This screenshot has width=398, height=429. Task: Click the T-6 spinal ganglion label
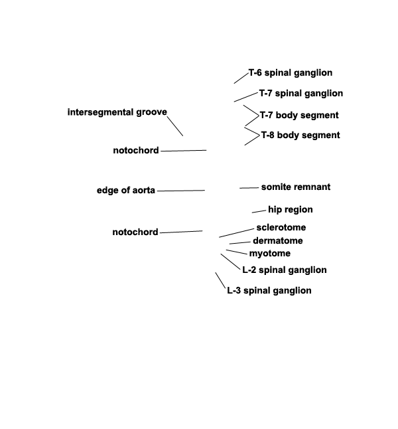pyautogui.click(x=291, y=73)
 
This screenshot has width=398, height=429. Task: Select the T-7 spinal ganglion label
pyautogui.click(x=301, y=94)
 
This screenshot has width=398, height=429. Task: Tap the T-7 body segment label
pyautogui.click(x=299, y=115)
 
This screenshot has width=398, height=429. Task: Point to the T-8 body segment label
pyautogui.click(x=300, y=135)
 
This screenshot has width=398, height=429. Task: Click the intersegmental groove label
pyautogui.click(x=117, y=112)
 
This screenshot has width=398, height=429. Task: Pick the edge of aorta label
pyautogui.click(x=126, y=190)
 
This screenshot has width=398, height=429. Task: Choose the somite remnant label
pyautogui.click(x=296, y=187)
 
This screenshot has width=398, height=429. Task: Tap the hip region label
pyautogui.click(x=291, y=210)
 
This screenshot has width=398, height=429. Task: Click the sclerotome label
pyautogui.click(x=281, y=227)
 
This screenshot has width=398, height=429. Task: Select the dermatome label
pyautogui.click(x=278, y=241)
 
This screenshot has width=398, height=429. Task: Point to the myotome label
pyautogui.click(x=270, y=254)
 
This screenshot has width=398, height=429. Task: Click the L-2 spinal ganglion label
pyautogui.click(x=285, y=270)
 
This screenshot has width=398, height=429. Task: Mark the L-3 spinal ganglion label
pyautogui.click(x=269, y=291)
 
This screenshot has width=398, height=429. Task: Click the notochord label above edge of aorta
pyautogui.click(x=136, y=150)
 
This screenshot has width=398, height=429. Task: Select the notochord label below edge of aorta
pyautogui.click(x=135, y=232)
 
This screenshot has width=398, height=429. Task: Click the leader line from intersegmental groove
pyautogui.click(x=175, y=126)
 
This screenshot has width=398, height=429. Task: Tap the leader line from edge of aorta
pyautogui.click(x=181, y=191)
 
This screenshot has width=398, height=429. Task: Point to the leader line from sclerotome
pyautogui.click(x=236, y=233)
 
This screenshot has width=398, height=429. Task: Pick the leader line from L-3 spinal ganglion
pyautogui.click(x=220, y=280)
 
